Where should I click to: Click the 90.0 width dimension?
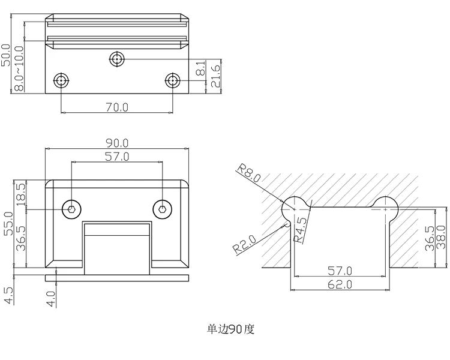pos(117,143)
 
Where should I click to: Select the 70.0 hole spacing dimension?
pos(117,107)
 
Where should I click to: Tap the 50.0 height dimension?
pos(6,55)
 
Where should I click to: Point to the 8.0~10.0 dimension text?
pos(19,68)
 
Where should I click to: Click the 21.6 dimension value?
pos(215,76)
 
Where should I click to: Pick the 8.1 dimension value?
pos(201,68)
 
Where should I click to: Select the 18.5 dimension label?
pos(21,194)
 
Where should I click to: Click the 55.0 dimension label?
pos(8,224)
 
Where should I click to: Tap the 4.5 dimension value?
pos(8,295)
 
